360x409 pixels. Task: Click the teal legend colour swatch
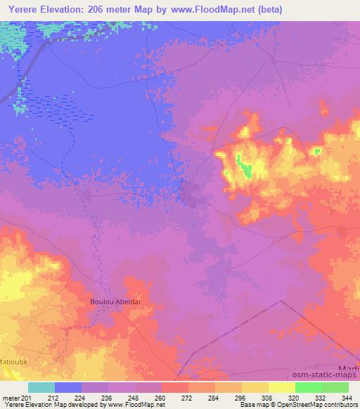pos(41,387)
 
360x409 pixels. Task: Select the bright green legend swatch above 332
pos(308,387)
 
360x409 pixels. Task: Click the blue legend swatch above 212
pos(67,387)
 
